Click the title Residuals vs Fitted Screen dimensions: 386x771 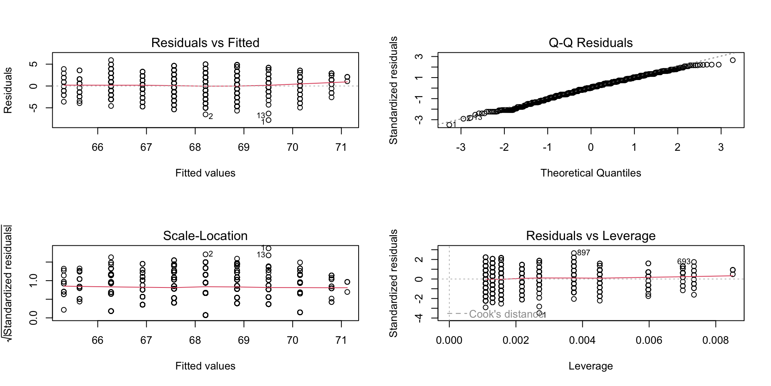coord(205,43)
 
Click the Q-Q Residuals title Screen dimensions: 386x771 coord(590,43)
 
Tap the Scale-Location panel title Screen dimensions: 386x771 coord(205,236)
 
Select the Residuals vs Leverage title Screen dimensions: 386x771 coord(590,236)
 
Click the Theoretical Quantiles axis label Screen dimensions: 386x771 coord(590,173)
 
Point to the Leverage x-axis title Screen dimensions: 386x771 coord(590,366)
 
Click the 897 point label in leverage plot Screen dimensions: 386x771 coord(583,253)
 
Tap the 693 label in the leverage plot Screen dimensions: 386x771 coord(683,262)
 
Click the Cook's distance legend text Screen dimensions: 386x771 coord(506,314)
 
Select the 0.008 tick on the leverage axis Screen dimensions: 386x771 coord(715,340)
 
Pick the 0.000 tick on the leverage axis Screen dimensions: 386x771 coord(449,340)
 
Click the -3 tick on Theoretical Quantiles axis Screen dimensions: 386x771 coord(461,147)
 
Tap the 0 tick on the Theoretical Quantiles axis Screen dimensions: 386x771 coord(591,147)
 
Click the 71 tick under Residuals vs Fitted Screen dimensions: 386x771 coord(341,147)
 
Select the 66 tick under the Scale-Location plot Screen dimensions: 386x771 coord(98,340)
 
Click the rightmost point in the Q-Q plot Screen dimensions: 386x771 coord(732,60)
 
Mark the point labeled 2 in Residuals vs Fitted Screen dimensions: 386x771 coord(206,115)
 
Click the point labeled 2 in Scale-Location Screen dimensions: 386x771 coord(206,254)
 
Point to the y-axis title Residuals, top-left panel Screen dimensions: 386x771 coord(8,90)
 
